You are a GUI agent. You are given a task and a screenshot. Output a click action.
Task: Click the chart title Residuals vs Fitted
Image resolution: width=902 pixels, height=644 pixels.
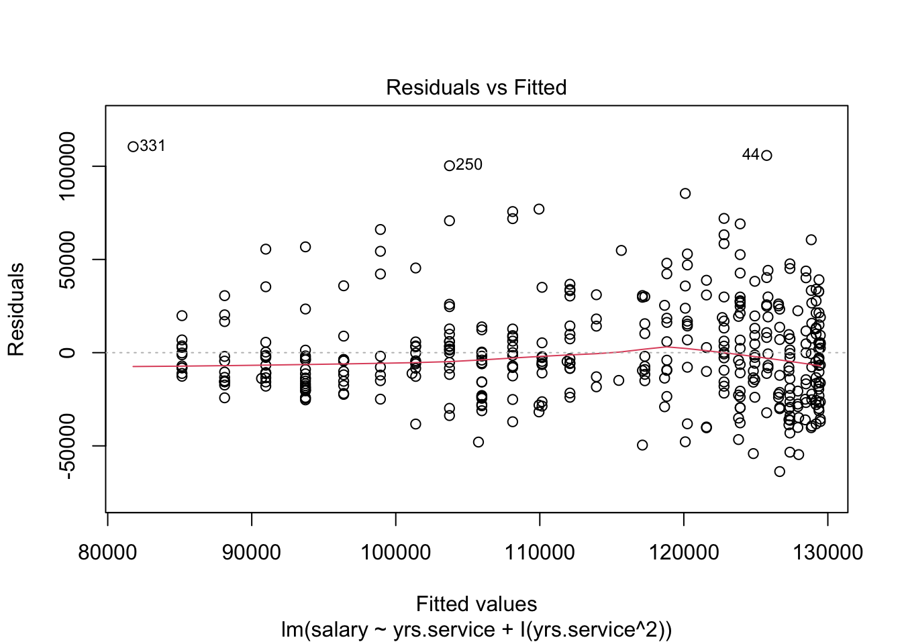click(476, 87)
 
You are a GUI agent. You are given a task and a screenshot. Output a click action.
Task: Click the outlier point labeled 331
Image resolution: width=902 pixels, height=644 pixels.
click(133, 147)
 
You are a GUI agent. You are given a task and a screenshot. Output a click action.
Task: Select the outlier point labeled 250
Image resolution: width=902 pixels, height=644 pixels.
click(450, 166)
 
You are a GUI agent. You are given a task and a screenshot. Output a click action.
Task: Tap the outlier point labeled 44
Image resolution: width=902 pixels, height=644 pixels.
click(766, 155)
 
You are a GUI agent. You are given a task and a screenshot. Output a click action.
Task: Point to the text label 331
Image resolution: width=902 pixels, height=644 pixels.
click(152, 146)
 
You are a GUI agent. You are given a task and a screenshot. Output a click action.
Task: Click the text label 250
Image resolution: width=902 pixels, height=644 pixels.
click(469, 164)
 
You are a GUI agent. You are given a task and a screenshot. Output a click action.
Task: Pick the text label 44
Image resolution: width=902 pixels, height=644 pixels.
click(750, 154)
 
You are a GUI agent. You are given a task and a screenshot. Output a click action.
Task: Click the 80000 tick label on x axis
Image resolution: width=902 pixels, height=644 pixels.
click(108, 552)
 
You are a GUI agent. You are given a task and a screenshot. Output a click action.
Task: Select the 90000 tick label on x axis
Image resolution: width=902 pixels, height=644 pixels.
click(252, 552)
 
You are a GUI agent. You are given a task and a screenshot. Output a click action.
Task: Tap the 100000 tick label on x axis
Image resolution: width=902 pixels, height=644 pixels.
click(395, 552)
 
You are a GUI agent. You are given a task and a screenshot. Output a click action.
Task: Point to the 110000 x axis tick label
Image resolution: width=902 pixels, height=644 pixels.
click(540, 552)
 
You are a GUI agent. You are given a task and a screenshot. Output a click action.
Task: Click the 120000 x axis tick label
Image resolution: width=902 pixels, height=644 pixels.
click(683, 552)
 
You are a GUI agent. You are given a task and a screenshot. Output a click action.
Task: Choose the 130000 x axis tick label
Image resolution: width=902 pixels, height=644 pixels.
click(827, 552)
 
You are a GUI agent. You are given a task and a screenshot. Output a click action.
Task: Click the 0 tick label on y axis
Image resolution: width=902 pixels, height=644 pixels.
click(67, 353)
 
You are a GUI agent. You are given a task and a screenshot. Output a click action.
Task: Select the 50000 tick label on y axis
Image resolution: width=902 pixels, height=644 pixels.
click(67, 260)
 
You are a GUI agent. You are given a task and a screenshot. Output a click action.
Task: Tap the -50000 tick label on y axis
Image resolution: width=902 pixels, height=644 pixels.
click(67, 446)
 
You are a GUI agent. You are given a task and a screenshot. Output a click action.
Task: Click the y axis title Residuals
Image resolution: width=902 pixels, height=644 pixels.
click(16, 309)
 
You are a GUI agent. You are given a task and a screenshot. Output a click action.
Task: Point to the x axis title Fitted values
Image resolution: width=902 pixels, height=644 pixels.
click(476, 604)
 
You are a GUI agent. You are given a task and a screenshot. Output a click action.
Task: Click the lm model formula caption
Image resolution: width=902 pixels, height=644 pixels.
click(476, 630)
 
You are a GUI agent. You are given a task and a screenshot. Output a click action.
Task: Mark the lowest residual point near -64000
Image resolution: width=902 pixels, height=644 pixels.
click(779, 472)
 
